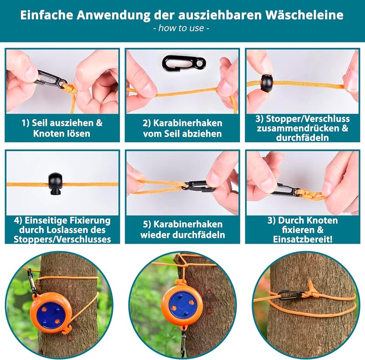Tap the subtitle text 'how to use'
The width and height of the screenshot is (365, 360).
coord(181,28)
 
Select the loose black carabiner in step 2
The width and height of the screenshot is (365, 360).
coord(184,63)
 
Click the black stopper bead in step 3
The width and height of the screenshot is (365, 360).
coord(267,83)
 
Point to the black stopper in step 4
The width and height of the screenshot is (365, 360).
coord(55,183)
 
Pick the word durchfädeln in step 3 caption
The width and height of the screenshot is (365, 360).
coord(302,138)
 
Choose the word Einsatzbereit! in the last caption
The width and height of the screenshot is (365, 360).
coord(302,240)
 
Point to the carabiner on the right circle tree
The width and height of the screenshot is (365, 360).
coord(292,295)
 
